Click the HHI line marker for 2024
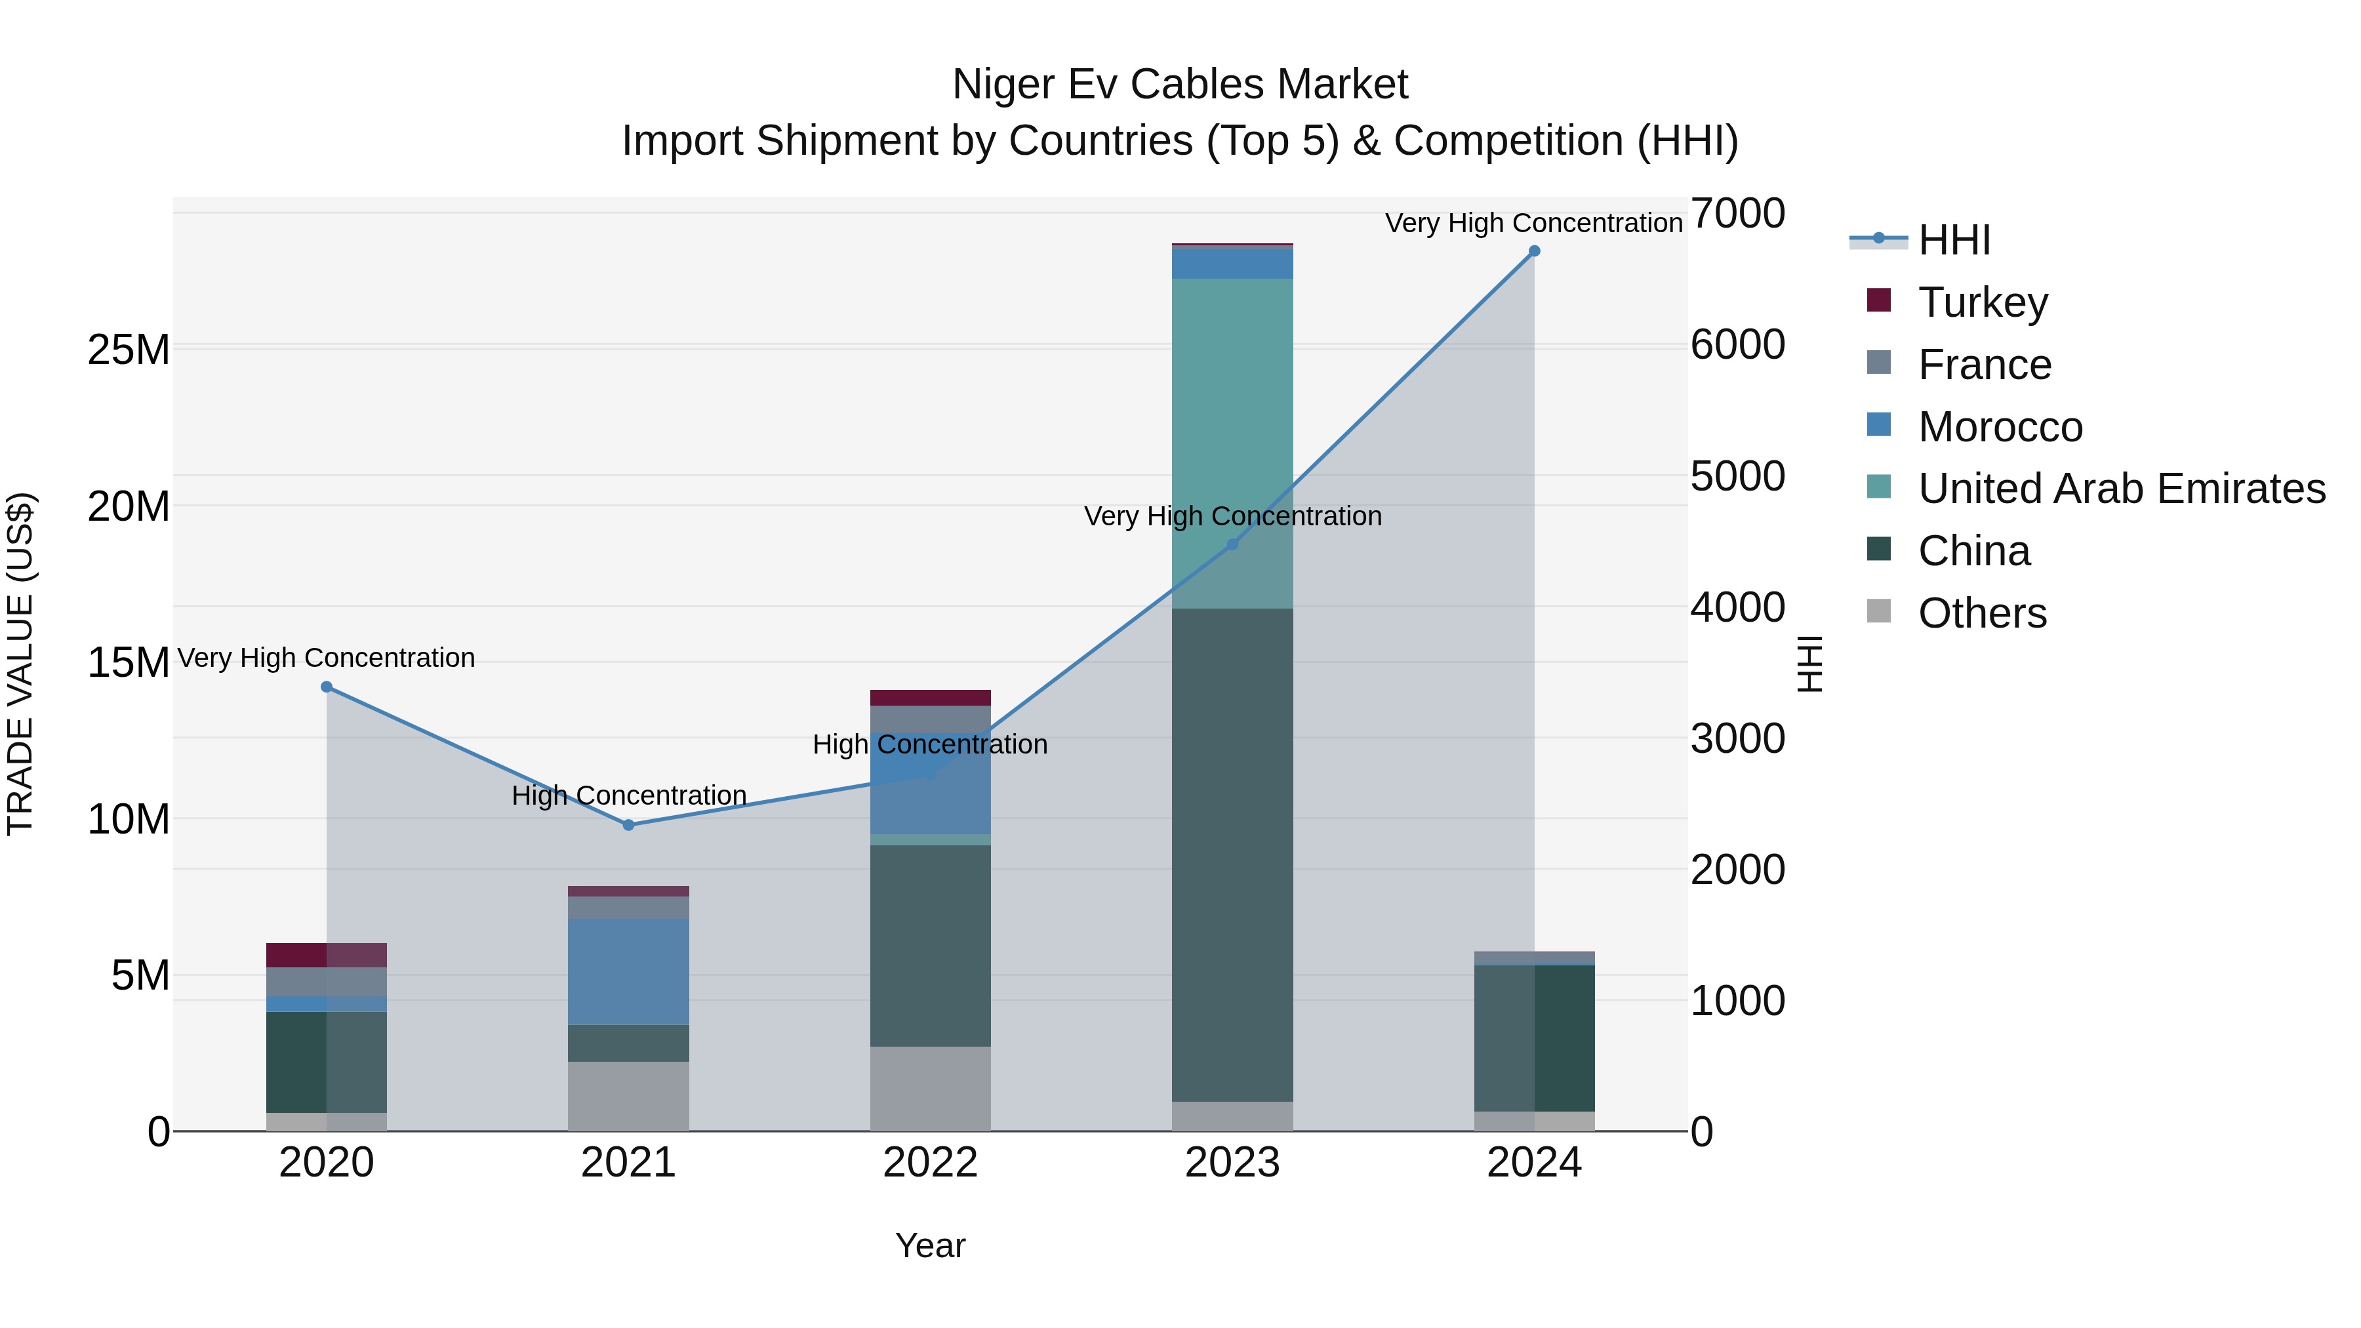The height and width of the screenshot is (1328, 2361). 1534,251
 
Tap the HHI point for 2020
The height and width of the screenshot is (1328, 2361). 327,687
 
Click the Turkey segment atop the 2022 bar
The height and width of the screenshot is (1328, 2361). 930,698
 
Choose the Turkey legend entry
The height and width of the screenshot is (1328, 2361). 1983,302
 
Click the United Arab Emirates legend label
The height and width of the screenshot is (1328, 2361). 2121,489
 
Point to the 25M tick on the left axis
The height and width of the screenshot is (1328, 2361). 129,349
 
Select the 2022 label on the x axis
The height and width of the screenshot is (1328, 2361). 930,1163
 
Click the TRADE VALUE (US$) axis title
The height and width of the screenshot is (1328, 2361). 20,664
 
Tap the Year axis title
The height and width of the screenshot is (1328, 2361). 930,1245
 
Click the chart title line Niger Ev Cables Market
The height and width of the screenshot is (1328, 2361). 1180,85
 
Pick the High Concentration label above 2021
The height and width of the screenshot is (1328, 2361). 629,795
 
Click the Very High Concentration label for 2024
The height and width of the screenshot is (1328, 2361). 1533,223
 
